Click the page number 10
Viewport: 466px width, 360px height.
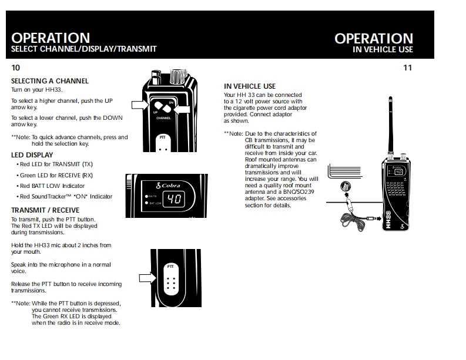(x=15, y=68)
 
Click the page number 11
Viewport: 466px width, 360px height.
(x=407, y=68)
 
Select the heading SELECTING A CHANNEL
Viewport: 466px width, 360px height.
(x=50, y=81)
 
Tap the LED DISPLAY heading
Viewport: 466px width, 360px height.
(x=32, y=155)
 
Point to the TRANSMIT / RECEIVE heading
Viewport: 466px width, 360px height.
(x=45, y=210)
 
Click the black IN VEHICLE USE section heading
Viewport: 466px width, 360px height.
(x=250, y=86)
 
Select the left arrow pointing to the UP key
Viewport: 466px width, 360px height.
(x=139, y=105)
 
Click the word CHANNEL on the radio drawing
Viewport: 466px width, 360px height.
(x=163, y=118)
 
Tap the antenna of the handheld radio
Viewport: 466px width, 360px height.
(x=391, y=126)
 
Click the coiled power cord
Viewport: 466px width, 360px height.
(x=354, y=221)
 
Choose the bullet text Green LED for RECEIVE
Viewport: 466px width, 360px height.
(x=56, y=175)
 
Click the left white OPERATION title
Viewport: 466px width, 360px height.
(x=51, y=39)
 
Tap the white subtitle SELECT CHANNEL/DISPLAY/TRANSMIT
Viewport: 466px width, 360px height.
(x=84, y=49)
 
